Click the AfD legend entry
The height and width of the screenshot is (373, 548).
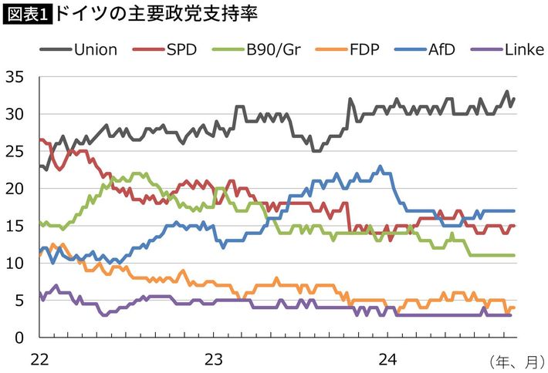coord(438,50)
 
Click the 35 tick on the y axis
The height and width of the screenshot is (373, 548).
coord(14,77)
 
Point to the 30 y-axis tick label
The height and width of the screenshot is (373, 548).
coord(14,114)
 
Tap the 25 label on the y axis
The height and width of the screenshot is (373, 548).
coord(14,152)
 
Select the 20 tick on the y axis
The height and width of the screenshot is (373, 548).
coord(14,189)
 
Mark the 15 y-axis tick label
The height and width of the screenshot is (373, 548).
coord(14,226)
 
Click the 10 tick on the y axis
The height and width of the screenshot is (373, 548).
coord(14,264)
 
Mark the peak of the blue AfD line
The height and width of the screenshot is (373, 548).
coord(380,166)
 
